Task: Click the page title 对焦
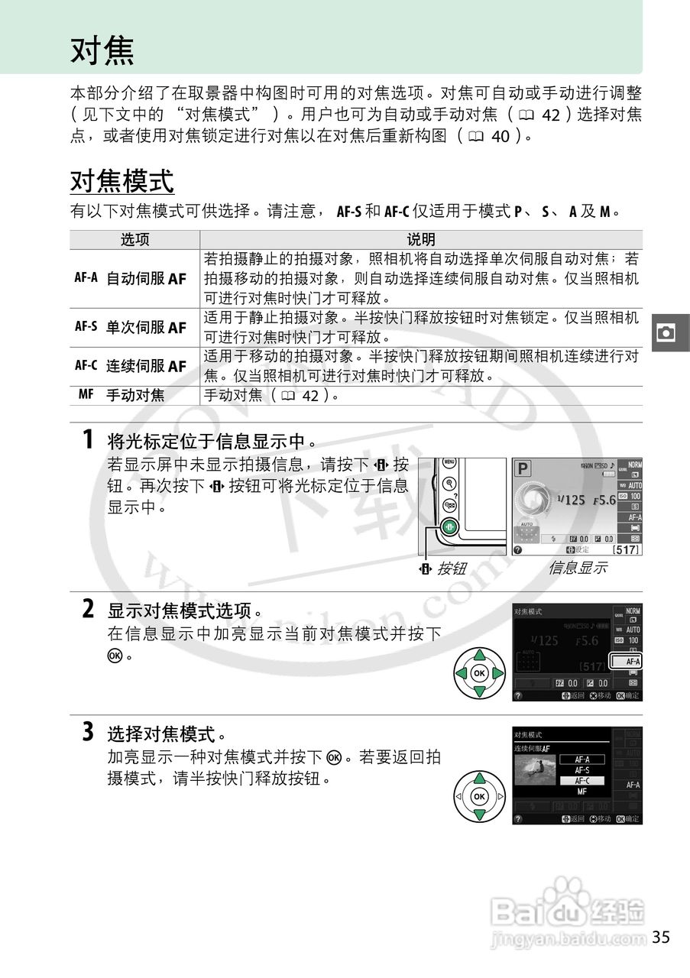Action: click(102, 50)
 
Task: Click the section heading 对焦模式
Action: click(122, 182)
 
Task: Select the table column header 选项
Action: click(135, 240)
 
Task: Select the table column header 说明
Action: click(421, 240)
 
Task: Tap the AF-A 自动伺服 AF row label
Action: click(131, 278)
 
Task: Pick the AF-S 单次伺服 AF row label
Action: click(131, 327)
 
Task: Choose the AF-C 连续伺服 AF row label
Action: click(131, 366)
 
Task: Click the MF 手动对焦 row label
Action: click(121, 395)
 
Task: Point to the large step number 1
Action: click(89, 440)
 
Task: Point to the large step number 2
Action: click(89, 609)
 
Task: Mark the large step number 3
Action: click(89, 733)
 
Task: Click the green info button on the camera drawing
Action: click(450, 527)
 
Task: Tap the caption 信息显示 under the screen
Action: click(577, 568)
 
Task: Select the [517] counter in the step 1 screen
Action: click(626, 549)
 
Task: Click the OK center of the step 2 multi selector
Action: click(479, 673)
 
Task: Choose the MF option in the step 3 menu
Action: click(581, 792)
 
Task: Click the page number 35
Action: click(661, 937)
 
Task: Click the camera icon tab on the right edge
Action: click(666, 332)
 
